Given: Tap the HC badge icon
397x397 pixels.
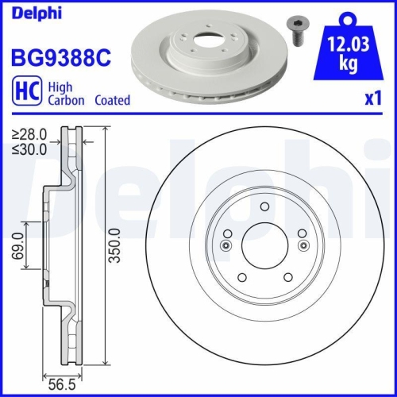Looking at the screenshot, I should pos(23,93).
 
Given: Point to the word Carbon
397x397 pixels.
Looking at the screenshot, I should pos(70,101).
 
